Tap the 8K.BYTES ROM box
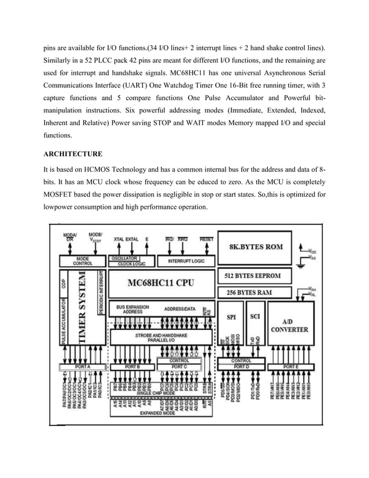click(x=257, y=247)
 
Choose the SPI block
click(x=231, y=317)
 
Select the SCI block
click(x=254, y=317)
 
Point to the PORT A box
click(x=82, y=367)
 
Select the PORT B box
click(x=132, y=367)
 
